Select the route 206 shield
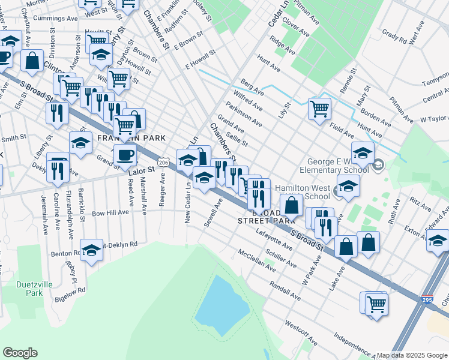(163, 162)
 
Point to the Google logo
(20, 353)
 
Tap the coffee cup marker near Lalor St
(125, 155)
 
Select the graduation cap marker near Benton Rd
(91, 250)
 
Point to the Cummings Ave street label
(56, 19)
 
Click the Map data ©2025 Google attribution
(412, 355)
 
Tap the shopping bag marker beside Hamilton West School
(291, 205)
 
